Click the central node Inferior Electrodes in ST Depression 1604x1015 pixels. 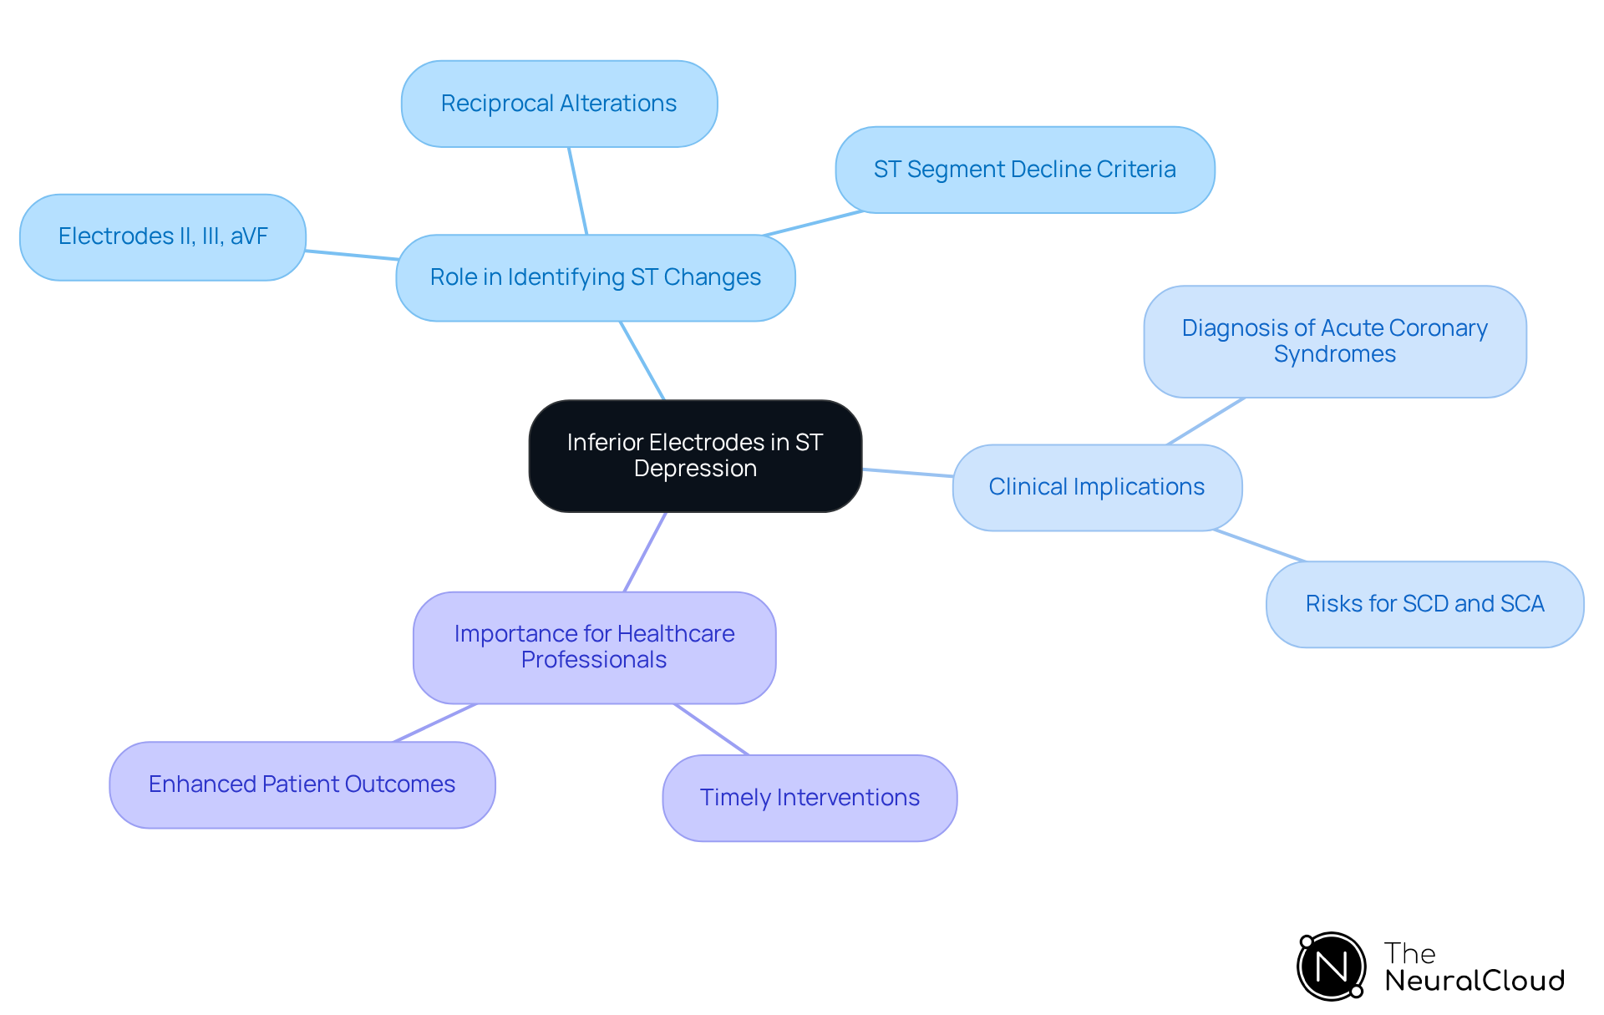(x=695, y=455)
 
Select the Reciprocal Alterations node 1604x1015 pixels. (x=559, y=104)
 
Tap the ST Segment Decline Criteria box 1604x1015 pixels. (x=1024, y=170)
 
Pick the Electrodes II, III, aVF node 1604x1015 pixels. (x=163, y=236)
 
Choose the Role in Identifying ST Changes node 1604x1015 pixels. (x=595, y=277)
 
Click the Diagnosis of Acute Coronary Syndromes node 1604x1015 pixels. (x=1334, y=341)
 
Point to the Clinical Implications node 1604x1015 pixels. (x=1096, y=487)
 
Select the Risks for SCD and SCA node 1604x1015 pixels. (x=1424, y=604)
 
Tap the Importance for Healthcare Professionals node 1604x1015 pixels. (x=594, y=647)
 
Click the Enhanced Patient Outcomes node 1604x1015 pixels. (x=302, y=784)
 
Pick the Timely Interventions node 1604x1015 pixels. (x=810, y=798)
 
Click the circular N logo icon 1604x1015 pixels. (x=1331, y=967)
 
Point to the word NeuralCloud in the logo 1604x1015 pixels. (x=1475, y=981)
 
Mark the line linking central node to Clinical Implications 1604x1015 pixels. (x=907, y=473)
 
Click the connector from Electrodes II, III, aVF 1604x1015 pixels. (x=351, y=255)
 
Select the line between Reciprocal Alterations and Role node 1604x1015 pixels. (x=578, y=191)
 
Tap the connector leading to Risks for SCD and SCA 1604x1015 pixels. (x=1260, y=546)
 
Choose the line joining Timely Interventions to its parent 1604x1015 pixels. (x=712, y=729)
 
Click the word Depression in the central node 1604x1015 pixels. (x=695, y=469)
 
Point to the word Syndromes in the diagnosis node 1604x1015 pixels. (x=1334, y=354)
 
